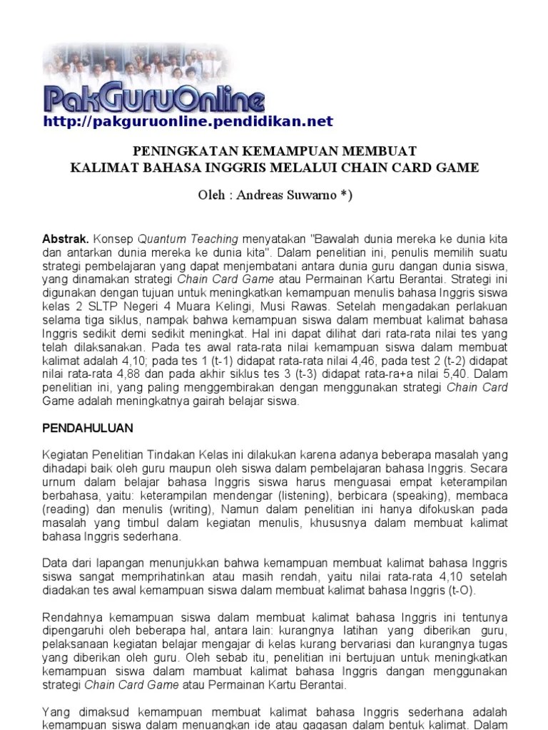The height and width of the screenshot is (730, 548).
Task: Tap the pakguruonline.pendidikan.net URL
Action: pyautogui.click(x=188, y=122)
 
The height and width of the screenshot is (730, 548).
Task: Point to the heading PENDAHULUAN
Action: pyautogui.click(x=87, y=428)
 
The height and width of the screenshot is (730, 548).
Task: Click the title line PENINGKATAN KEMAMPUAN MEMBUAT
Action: pyautogui.click(x=275, y=152)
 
